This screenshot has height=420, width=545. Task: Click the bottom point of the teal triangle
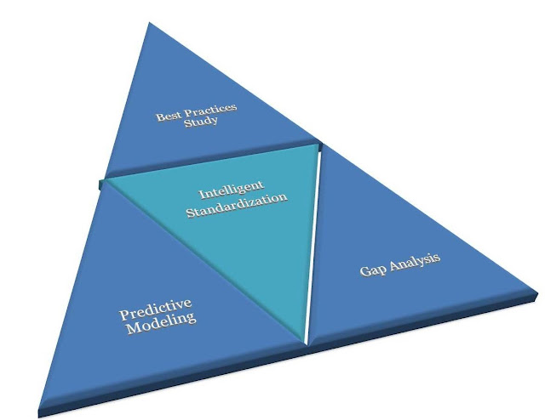click(x=304, y=341)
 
